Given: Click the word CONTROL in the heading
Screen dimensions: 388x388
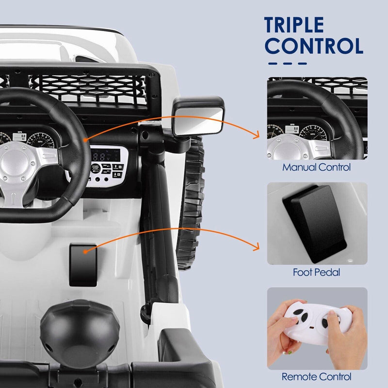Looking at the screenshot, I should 314,46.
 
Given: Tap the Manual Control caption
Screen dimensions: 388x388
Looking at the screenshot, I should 317,168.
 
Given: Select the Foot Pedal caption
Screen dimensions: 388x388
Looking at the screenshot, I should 316,273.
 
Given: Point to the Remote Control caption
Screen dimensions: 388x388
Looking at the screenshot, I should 316,376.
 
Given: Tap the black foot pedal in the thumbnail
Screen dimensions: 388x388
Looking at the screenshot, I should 316,221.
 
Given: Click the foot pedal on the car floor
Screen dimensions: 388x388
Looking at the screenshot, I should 84,264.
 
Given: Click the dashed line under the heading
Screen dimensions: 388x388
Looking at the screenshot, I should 288,63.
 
